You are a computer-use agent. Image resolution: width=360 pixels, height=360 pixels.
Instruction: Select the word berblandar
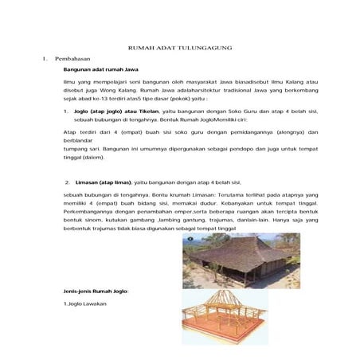[x=79, y=139]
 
